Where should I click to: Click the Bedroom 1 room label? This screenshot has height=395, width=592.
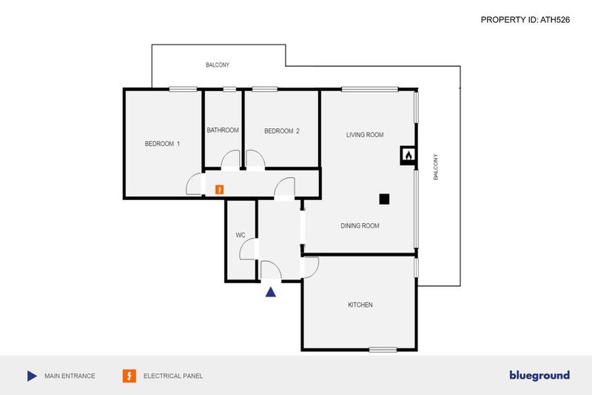(162, 144)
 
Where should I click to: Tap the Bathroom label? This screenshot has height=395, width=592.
(223, 130)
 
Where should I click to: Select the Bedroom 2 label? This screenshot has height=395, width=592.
(282, 131)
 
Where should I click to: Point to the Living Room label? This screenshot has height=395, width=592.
(365, 135)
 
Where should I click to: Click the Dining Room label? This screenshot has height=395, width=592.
(360, 225)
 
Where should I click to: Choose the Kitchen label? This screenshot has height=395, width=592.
(360, 305)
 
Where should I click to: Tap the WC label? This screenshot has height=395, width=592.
(240, 235)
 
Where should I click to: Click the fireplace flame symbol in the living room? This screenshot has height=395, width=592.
(408, 155)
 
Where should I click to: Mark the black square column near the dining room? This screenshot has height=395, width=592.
(384, 199)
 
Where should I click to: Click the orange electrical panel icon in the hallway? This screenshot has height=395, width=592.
(219, 190)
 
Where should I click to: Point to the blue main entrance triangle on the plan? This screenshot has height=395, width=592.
(270, 292)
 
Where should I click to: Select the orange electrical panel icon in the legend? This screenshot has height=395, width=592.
(129, 376)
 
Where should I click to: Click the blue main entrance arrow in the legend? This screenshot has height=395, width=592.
(32, 376)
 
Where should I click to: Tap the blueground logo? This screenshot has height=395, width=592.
(539, 375)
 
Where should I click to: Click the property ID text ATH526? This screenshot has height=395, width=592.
(555, 20)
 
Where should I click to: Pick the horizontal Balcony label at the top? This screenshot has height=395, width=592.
(218, 65)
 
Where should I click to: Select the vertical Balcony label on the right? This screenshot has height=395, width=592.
(436, 167)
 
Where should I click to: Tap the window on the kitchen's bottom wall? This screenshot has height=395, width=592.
(383, 350)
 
